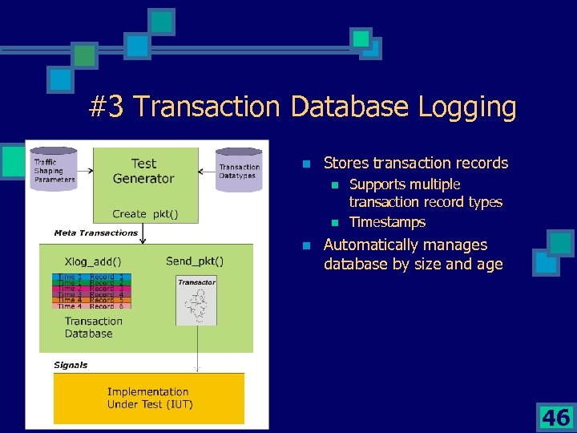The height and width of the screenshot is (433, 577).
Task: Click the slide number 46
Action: point(555,417)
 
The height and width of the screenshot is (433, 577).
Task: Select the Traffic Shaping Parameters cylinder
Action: point(54,169)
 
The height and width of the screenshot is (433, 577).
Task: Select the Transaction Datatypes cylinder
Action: point(239,171)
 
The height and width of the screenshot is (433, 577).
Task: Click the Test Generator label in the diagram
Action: point(143,171)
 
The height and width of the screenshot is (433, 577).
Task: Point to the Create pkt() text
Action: point(145,214)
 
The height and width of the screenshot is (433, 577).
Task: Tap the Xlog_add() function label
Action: point(92,261)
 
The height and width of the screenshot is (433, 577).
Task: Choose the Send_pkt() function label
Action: point(195,261)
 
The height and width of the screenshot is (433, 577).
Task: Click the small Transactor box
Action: point(196,301)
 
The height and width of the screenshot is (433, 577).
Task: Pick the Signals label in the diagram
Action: point(71,365)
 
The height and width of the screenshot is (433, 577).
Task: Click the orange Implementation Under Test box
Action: point(149,398)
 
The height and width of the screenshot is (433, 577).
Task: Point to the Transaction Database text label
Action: point(93,327)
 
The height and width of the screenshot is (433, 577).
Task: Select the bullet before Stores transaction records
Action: point(306,164)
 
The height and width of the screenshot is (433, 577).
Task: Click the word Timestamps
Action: point(387,222)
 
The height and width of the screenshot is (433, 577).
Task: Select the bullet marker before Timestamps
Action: point(337,223)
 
